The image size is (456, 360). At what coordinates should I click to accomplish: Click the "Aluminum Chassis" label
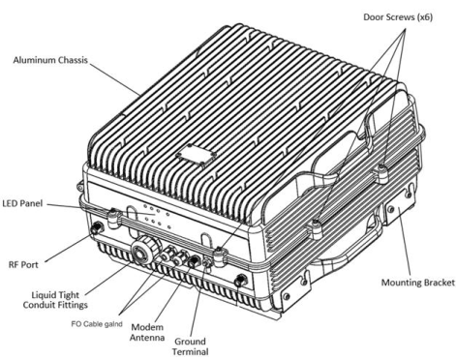[50, 60]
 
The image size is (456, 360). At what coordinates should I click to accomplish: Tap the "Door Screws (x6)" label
[398, 17]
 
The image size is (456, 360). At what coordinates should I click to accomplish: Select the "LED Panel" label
[22, 203]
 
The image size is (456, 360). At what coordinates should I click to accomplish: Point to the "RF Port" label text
[23, 265]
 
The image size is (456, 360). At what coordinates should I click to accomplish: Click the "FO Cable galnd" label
[97, 324]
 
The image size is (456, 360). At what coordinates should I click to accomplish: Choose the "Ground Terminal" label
[190, 346]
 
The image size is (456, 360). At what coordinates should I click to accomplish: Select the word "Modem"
[147, 327]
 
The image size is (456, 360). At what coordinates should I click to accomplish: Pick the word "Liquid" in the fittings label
[45, 295]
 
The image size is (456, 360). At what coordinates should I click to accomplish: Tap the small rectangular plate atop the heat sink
[197, 155]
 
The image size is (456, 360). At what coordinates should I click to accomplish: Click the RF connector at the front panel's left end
[96, 228]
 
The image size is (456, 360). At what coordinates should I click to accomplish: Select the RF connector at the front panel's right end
[240, 281]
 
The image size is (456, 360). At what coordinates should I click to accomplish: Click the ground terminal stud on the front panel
[206, 263]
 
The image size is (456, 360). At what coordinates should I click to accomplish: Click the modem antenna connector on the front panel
[195, 260]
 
